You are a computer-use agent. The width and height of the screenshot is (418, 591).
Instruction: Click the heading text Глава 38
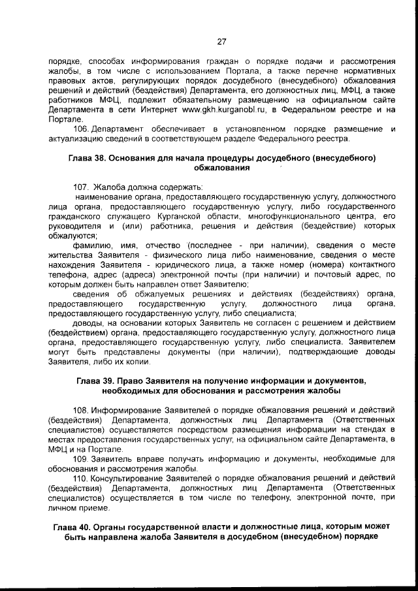(x=87, y=158)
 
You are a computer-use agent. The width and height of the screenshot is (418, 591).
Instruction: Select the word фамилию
(x=91, y=245)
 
